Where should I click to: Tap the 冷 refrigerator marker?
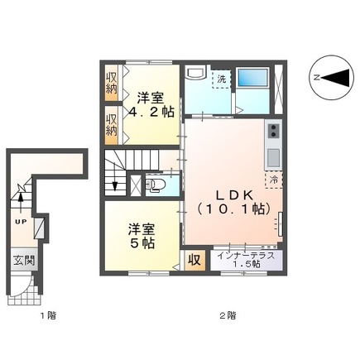[272, 177]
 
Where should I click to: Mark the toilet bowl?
[155, 185]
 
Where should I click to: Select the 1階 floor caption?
[28, 315]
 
